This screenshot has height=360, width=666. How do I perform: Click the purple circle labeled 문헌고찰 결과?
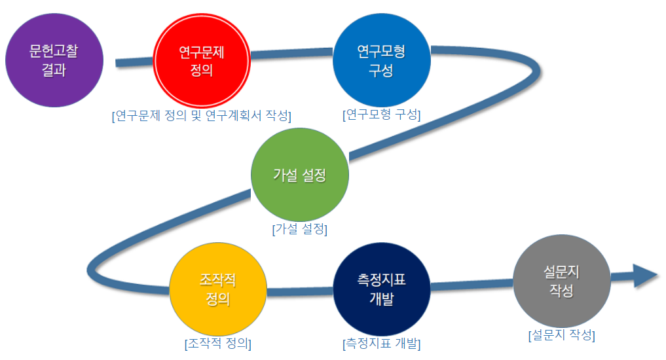(x=54, y=60)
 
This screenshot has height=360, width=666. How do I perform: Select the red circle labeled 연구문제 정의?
(x=202, y=60)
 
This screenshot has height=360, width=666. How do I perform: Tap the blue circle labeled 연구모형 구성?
(x=382, y=60)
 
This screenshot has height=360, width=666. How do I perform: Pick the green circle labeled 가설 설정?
(x=300, y=175)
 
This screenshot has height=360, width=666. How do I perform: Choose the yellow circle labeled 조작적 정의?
(x=218, y=289)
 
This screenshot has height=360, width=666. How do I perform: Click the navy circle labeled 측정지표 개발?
(x=382, y=289)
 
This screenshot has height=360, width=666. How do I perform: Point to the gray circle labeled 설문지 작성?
(x=562, y=281)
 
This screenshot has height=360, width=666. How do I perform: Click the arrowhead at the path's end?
(x=646, y=276)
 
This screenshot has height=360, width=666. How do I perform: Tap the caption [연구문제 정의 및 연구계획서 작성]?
(x=202, y=115)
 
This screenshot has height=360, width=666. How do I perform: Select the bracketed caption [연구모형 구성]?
(x=382, y=115)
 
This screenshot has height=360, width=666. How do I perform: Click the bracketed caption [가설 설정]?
(x=300, y=229)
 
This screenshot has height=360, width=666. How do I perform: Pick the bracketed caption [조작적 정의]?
(x=218, y=344)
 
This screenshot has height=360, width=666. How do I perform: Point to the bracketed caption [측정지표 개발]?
(x=382, y=344)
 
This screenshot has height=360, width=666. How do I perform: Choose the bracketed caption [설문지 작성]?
(x=562, y=335)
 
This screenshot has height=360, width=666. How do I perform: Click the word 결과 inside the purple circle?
(x=54, y=69)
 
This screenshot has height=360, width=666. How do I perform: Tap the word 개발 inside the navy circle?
(x=382, y=298)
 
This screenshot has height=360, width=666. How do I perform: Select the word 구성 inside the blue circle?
(x=381, y=70)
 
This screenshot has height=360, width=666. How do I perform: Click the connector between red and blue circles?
(x=292, y=54)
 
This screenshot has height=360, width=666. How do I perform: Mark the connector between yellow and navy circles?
(x=300, y=292)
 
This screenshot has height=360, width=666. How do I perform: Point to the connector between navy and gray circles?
(x=472, y=285)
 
